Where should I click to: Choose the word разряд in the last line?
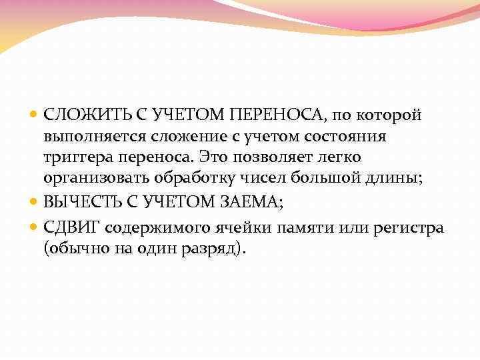215,249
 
